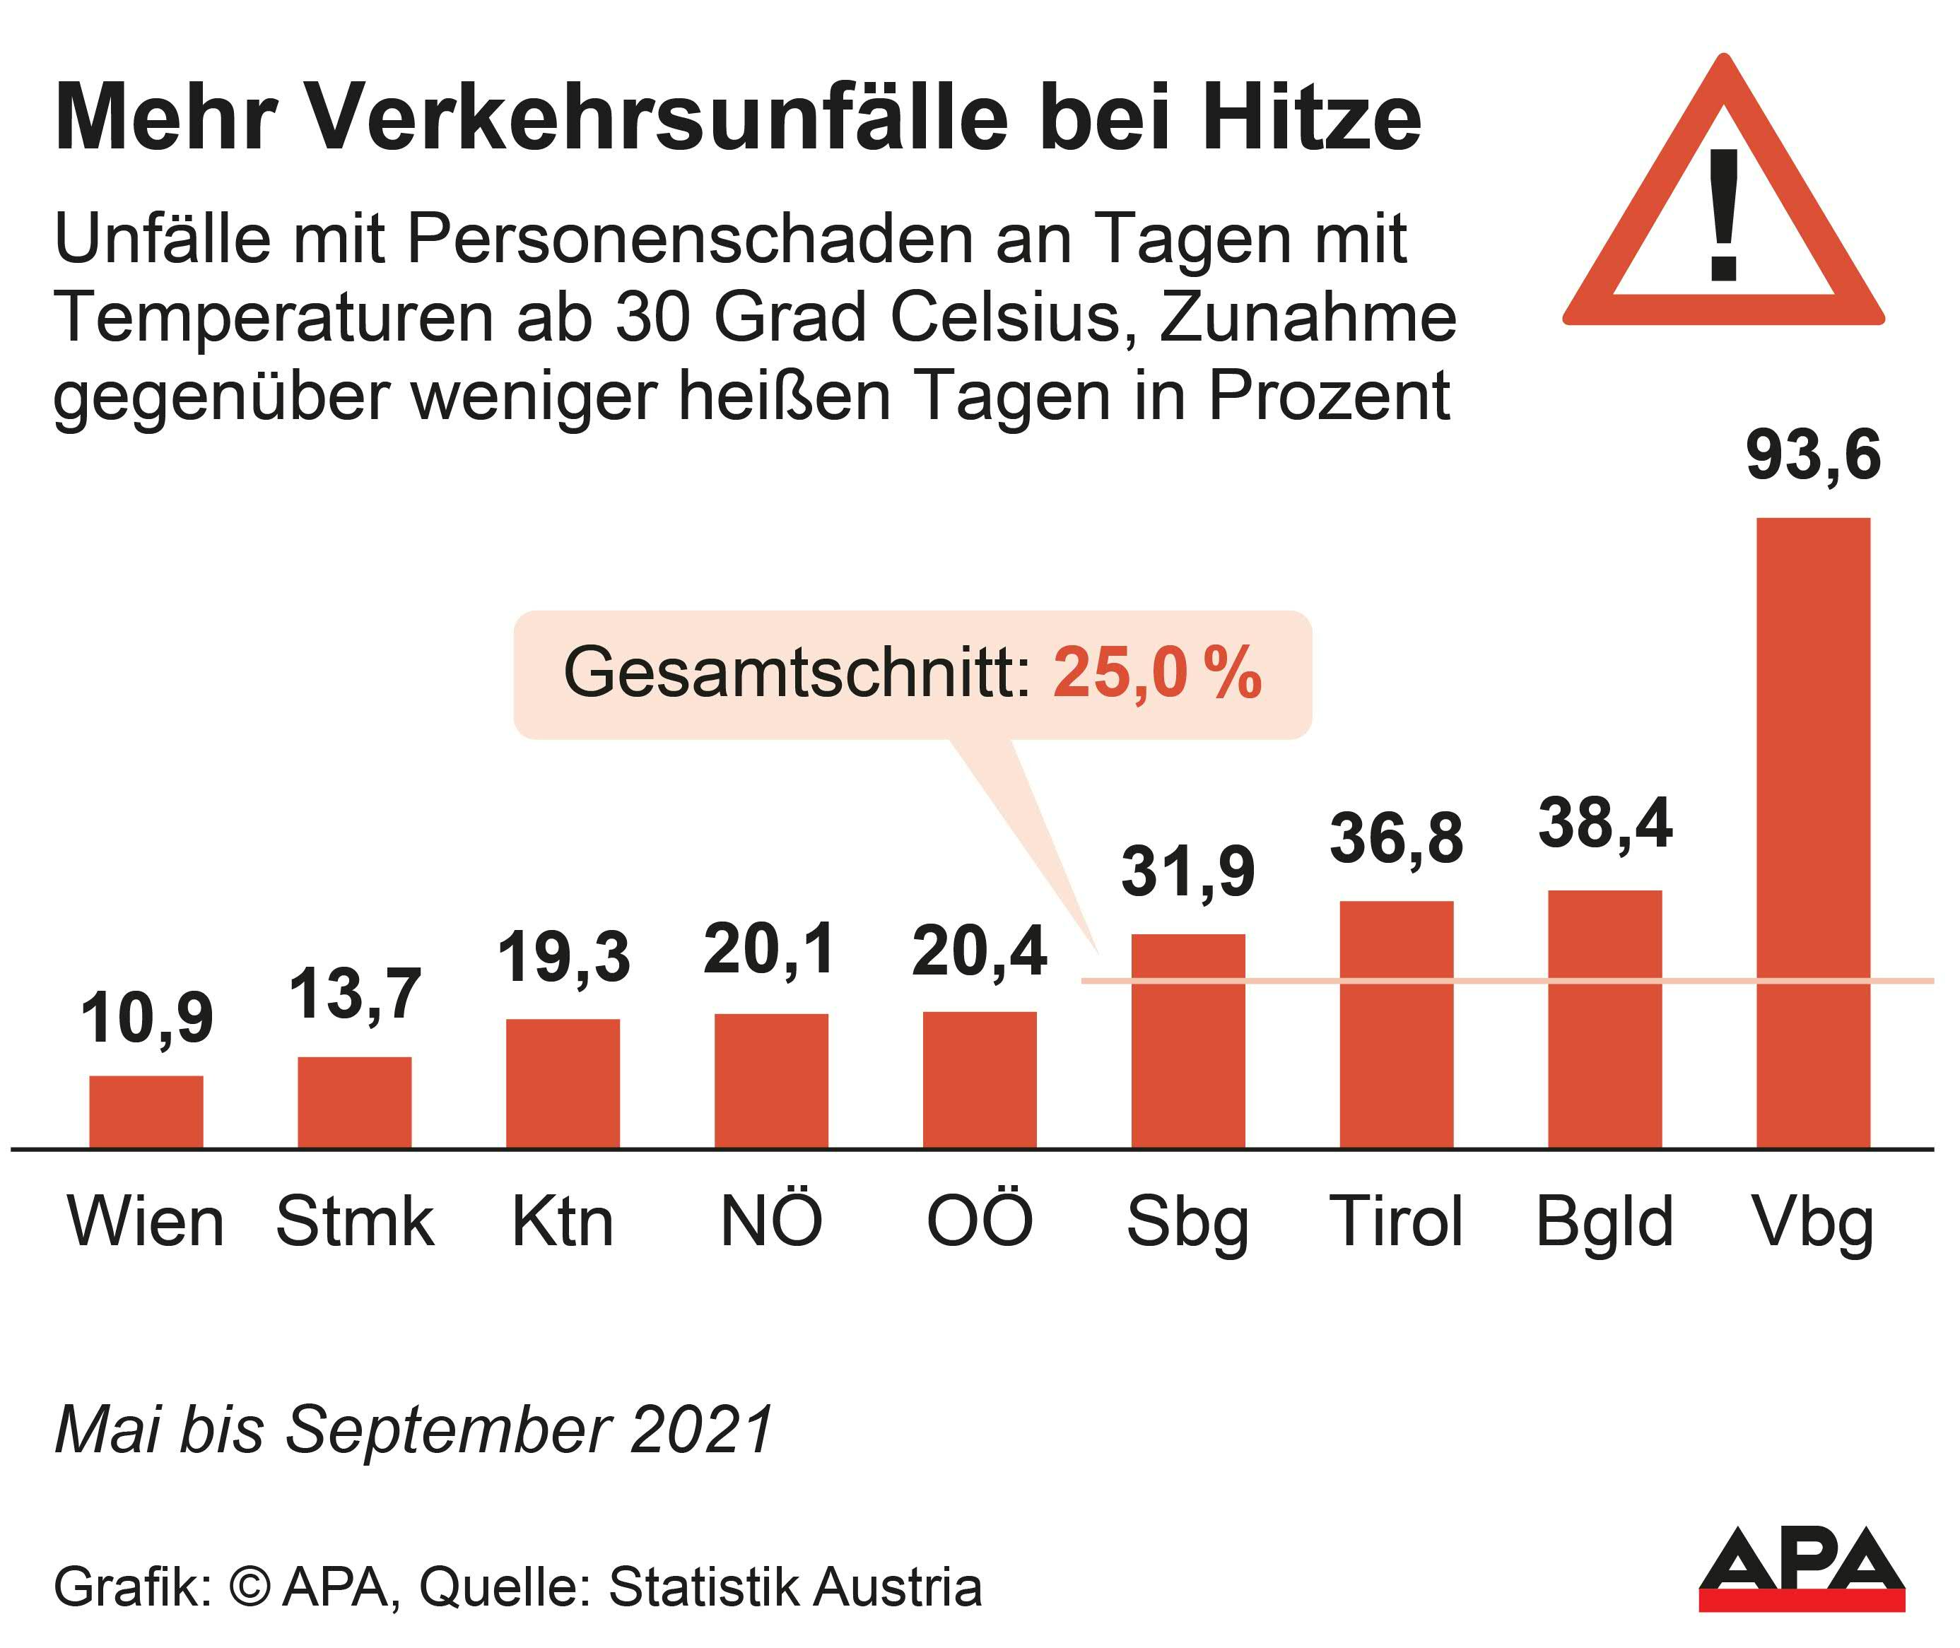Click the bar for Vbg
[1812, 832]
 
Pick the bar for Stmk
[354, 1102]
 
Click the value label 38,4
[1605, 825]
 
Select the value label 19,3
[563, 958]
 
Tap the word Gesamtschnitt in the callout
[797, 673]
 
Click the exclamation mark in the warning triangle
[1724, 216]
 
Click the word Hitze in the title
[1312, 119]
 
